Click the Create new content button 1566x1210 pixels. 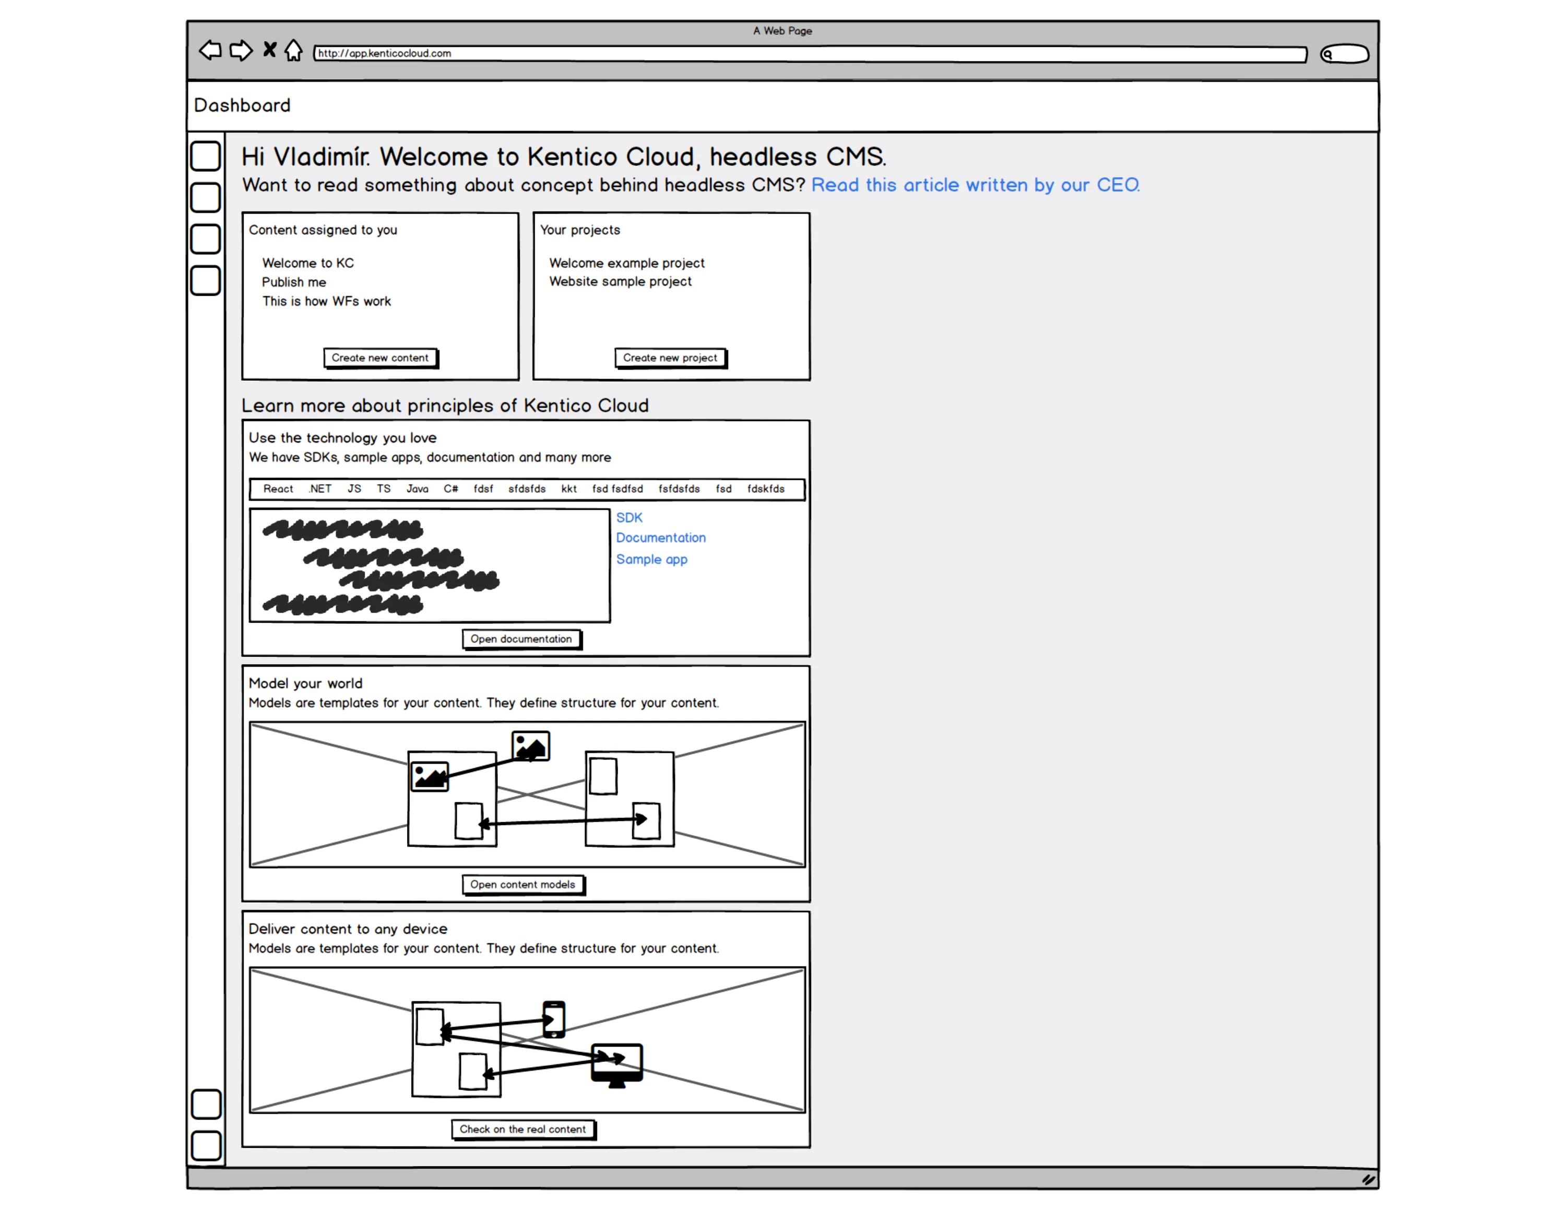[380, 358]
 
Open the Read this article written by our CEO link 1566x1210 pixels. [975, 185]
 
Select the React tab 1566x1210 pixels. [278, 489]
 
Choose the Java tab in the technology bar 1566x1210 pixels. [417, 489]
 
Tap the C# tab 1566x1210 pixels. [450, 489]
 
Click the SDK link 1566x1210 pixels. [629, 517]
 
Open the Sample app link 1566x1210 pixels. [651, 559]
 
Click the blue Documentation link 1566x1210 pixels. [660, 538]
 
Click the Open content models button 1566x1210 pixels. [523, 885]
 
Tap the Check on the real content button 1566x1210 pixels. [523, 1129]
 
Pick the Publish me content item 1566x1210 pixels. [293, 282]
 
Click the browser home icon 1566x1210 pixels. [293, 51]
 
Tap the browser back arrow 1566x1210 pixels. [210, 51]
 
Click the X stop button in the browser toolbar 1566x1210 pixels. [269, 50]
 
